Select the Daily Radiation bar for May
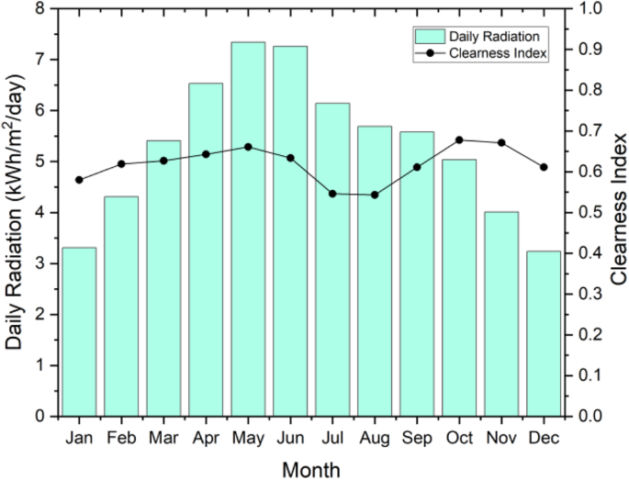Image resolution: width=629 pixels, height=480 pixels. coord(248,229)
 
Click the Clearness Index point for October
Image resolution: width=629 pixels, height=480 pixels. coord(459,140)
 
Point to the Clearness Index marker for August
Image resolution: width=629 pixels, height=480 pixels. coord(375,195)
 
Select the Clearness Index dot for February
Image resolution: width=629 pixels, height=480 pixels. coord(121,164)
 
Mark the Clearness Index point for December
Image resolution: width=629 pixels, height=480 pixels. coord(544,167)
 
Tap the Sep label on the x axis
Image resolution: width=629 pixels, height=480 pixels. coord(417,438)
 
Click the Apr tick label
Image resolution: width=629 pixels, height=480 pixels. coord(206,438)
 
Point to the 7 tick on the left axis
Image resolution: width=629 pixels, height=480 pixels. coord(39,60)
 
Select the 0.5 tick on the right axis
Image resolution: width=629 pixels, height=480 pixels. coord(588,212)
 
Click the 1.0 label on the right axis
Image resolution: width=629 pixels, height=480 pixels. coord(588,8)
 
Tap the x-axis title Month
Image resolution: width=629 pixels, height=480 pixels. coord(310,469)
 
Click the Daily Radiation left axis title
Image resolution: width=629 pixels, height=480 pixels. coord(15,211)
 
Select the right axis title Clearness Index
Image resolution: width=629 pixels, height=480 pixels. coord(617,211)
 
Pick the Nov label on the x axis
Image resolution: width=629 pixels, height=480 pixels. coord(501,438)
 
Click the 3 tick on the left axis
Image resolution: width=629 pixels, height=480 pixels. coord(39,263)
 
